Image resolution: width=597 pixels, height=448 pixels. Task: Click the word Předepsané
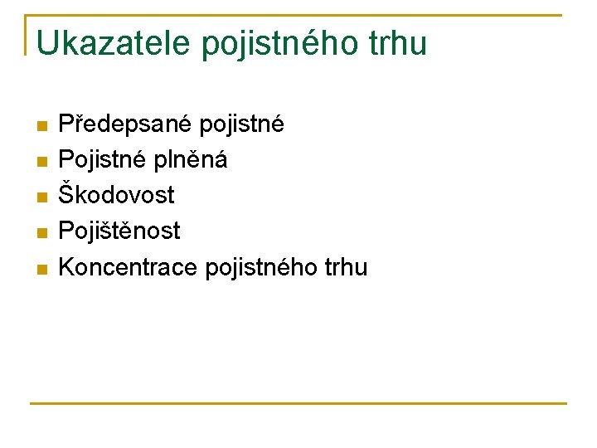point(124,124)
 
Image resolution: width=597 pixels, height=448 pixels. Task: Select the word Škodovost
point(116,195)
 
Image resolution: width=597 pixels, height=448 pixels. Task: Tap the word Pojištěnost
point(119,231)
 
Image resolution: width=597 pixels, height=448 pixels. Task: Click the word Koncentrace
point(128,267)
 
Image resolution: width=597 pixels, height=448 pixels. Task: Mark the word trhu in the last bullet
point(347,267)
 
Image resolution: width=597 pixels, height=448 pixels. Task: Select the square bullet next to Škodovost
point(43,197)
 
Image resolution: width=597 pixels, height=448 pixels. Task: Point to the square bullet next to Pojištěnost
point(43,233)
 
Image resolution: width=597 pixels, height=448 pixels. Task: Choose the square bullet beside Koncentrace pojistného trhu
point(43,270)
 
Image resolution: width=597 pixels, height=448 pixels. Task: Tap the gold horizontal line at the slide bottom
point(298,403)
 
